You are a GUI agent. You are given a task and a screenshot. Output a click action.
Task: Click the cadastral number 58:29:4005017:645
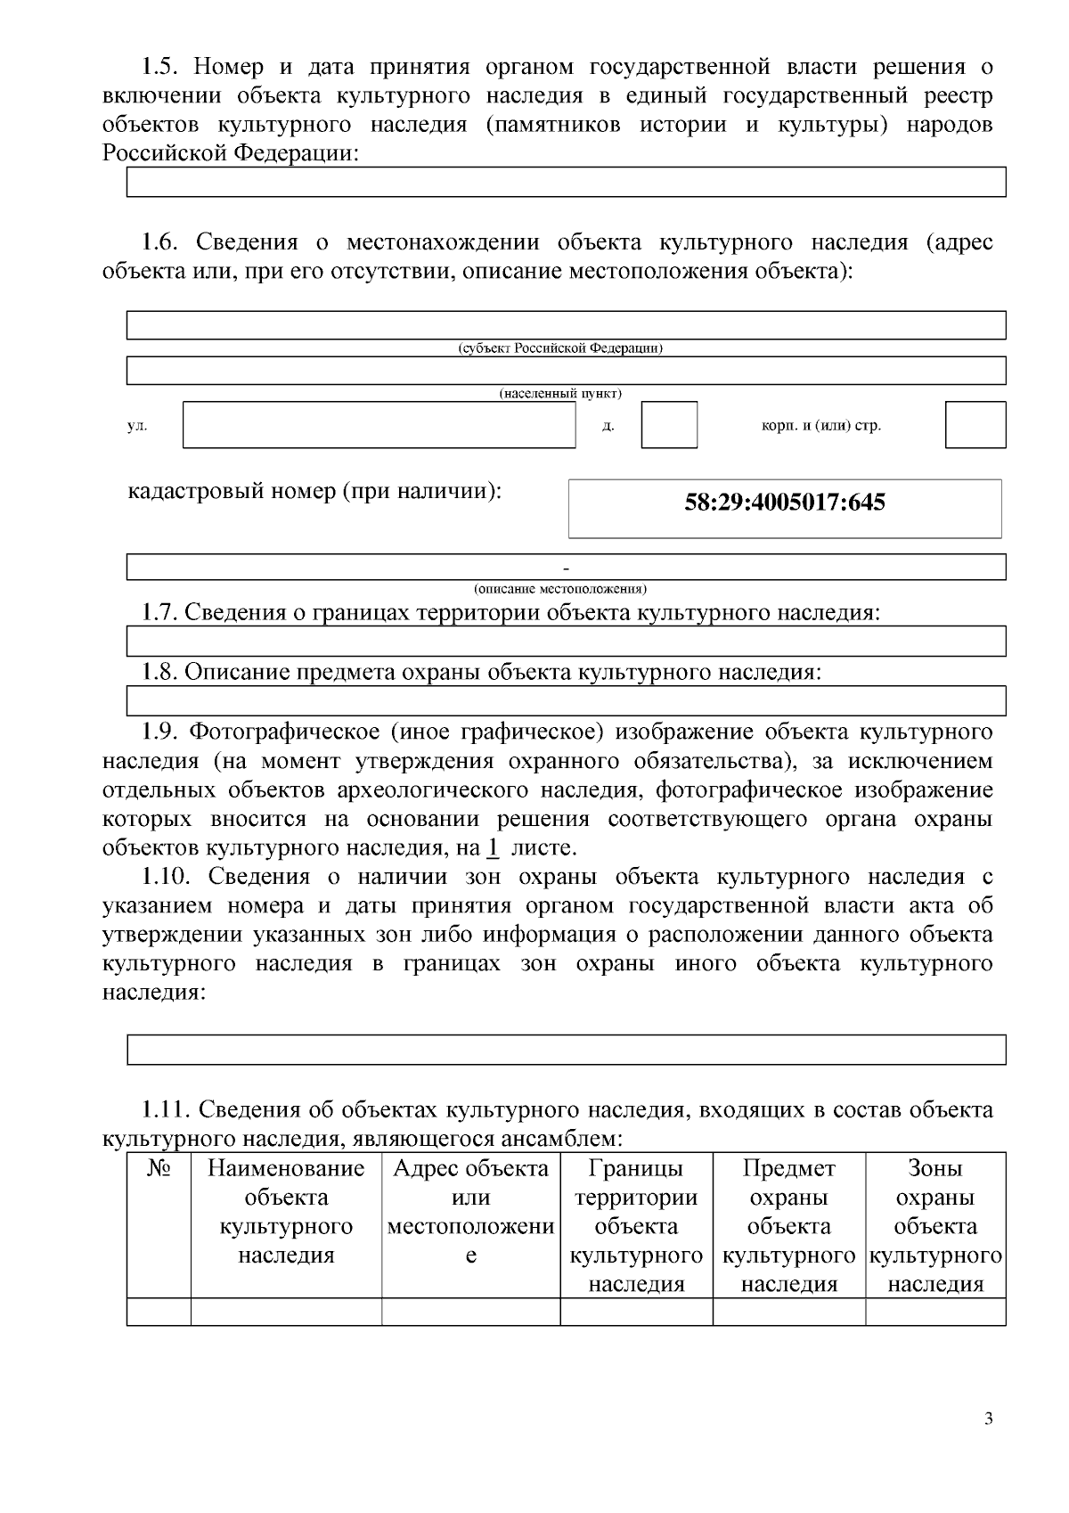click(x=784, y=503)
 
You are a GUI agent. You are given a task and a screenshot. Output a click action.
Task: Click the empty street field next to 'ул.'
click(x=379, y=425)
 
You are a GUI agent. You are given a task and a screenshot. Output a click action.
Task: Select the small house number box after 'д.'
click(x=669, y=425)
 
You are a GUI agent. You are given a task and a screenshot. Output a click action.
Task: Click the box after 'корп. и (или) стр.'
click(x=975, y=425)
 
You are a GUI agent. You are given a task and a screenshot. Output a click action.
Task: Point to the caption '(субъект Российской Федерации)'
click(x=560, y=348)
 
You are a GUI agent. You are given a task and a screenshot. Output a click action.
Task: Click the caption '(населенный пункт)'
click(x=560, y=393)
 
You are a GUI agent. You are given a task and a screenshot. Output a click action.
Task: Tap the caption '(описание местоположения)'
click(x=560, y=589)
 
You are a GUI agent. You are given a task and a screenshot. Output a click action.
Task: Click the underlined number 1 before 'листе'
click(x=492, y=847)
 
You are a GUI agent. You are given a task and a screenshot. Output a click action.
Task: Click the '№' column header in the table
click(x=159, y=1168)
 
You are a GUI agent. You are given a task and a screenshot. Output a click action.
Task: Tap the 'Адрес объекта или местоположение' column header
click(x=470, y=1212)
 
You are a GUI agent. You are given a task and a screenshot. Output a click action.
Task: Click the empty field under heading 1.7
click(x=566, y=641)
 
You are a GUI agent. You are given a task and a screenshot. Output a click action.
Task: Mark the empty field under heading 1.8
click(x=566, y=700)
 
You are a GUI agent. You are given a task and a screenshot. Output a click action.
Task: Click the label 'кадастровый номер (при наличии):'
click(x=314, y=491)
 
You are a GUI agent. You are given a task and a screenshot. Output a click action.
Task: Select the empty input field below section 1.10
click(x=566, y=1050)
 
